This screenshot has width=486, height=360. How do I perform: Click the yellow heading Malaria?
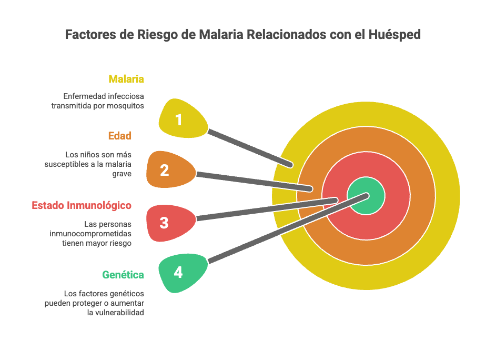[126, 79]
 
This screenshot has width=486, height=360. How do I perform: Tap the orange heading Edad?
[120, 136]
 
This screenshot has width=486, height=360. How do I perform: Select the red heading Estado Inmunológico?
[82, 205]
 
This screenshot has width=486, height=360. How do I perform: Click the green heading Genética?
[123, 275]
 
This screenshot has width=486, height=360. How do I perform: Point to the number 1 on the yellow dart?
[179, 120]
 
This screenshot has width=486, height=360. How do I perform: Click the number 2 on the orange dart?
[164, 171]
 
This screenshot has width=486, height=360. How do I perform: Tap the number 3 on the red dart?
[164, 223]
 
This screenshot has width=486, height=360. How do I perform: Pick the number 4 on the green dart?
[178, 273]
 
